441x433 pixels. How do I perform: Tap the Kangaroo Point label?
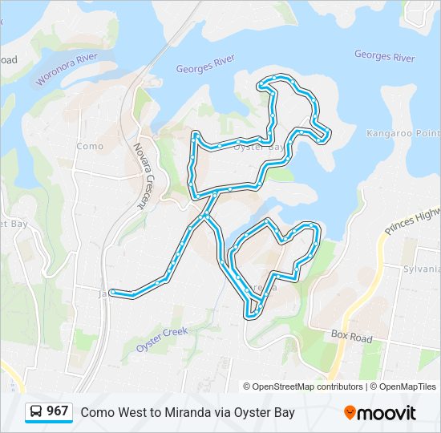tap(404, 132)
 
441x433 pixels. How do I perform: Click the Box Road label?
tap(351, 338)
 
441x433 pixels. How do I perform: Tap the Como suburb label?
tap(90, 146)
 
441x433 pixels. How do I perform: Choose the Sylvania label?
tap(422, 269)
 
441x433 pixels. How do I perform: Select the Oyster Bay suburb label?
tap(259, 147)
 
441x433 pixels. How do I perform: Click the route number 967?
tap(58, 411)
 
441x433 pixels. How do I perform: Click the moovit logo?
tap(380, 413)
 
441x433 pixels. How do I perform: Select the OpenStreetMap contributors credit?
tap(303, 386)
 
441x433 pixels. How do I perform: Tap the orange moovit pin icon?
tap(350, 413)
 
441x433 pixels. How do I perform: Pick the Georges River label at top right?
tap(385, 56)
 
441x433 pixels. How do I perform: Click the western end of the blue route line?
tap(111, 293)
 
